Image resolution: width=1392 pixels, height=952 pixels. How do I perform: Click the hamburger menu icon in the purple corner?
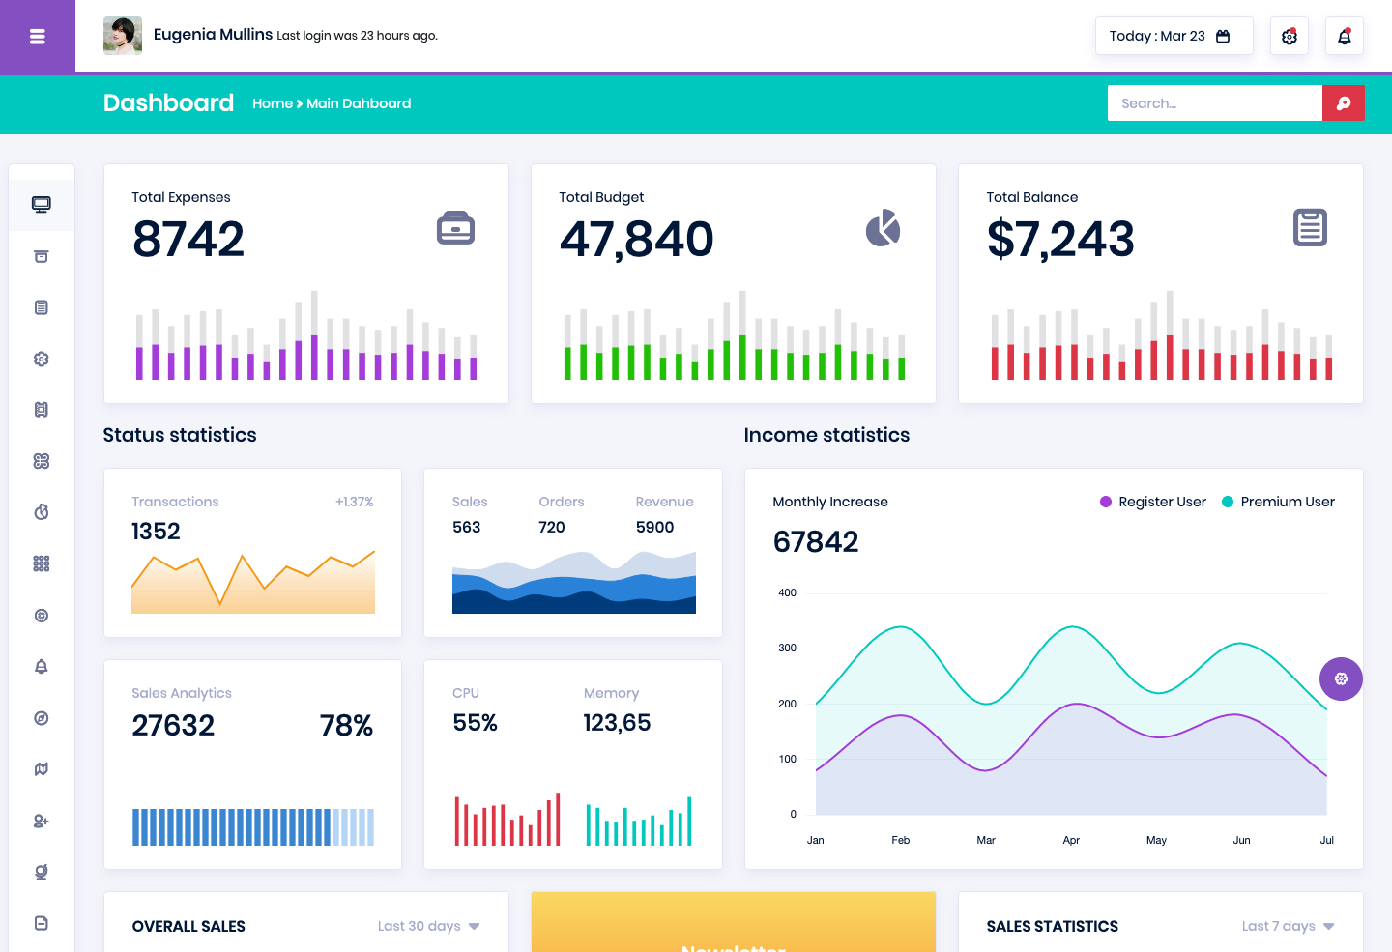pos(38,37)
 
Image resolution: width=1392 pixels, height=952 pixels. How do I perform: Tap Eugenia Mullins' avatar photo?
pos(123,36)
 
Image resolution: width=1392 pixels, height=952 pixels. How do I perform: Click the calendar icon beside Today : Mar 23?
pos(1222,36)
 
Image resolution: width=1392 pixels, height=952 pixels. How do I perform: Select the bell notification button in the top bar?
pos(1344,36)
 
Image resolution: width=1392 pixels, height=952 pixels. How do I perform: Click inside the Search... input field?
pos(1214,103)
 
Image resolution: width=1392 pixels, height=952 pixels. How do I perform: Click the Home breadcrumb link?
pos(273,103)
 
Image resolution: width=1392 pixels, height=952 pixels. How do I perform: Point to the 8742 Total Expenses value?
pos(188,239)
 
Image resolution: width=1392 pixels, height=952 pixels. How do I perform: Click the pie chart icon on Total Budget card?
pos(884,228)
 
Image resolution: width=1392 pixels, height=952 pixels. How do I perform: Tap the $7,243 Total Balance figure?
pos(1060,240)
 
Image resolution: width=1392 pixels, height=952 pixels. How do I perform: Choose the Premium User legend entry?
pos(1278,502)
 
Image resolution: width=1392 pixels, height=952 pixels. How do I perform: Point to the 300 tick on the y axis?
pos(787,649)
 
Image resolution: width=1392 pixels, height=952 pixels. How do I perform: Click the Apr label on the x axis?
pos(1071,840)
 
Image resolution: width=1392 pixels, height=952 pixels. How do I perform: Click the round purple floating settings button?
pos(1341,678)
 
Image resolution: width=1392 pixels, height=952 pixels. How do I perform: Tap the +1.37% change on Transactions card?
pos(354,502)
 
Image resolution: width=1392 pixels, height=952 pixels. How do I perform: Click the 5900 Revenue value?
pos(654,527)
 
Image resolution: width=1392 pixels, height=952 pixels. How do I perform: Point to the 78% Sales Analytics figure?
pos(346,725)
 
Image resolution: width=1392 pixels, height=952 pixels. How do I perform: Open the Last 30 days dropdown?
pos(429,926)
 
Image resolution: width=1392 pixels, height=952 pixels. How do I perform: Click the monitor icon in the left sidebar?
pos(41,205)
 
